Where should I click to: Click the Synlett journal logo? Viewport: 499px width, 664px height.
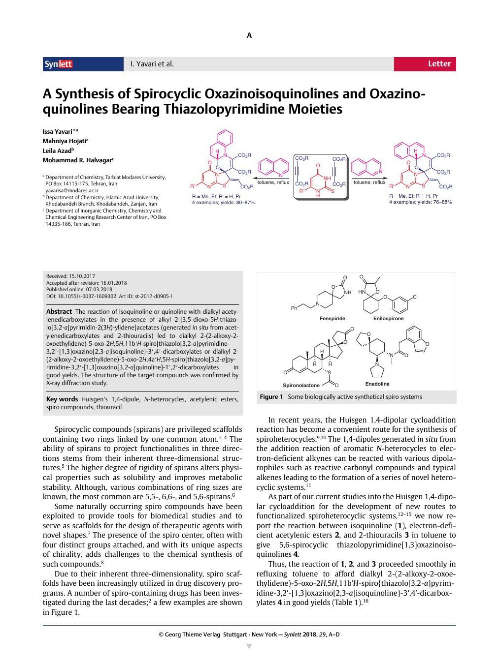(59, 64)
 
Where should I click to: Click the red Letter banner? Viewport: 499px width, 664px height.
(425, 64)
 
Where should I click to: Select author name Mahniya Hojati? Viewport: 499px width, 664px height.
(66, 141)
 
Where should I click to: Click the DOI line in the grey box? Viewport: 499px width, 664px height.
(109, 297)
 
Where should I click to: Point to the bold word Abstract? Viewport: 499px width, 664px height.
(59, 311)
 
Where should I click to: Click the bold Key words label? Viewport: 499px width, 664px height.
(62, 399)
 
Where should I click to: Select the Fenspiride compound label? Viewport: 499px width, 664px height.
(332, 319)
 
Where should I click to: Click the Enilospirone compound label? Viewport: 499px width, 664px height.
(388, 319)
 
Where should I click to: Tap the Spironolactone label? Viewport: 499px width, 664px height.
(301, 385)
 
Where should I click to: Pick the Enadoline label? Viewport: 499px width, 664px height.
(377, 384)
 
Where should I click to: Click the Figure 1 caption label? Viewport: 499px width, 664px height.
(271, 397)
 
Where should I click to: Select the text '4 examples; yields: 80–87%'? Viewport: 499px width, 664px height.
(223, 202)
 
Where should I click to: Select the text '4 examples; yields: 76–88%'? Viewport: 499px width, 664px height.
(420, 202)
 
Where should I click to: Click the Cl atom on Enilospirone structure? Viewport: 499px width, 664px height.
(415, 297)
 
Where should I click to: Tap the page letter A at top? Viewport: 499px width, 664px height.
(249, 35)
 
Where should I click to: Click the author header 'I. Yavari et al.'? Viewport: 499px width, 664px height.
(152, 64)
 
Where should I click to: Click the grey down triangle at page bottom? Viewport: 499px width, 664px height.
(249, 646)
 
